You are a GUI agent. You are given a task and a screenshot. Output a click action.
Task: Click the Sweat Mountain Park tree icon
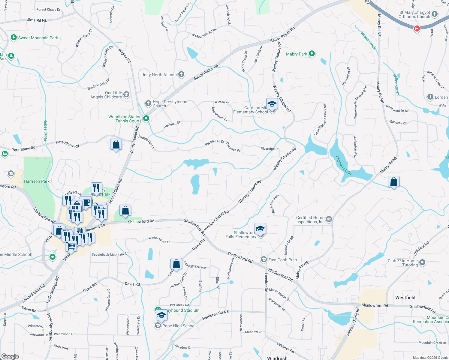pos(14,37)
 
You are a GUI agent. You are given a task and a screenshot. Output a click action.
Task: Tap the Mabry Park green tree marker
pos(312,54)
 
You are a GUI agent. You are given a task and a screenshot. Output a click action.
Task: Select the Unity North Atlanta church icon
pos(181,74)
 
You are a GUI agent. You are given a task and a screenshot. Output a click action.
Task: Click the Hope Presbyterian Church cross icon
pos(148,103)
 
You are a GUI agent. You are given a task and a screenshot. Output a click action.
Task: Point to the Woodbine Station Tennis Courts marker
pos(146,118)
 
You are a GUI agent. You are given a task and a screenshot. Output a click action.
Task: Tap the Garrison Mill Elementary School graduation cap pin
pos(272,104)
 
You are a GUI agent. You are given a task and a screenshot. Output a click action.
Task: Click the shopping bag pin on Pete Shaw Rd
pos(116,145)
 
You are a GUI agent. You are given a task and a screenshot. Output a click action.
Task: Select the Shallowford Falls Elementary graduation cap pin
pos(260,229)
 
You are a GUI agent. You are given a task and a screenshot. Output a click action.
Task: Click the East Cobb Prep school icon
pos(264,259)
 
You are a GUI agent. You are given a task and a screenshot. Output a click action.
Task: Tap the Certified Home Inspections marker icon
pos(329,219)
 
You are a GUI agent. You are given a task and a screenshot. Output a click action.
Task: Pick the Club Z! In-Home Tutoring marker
pos(422,262)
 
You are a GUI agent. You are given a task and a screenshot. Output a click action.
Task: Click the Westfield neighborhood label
pos(405,298)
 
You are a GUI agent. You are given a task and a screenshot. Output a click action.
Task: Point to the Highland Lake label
pos(344,165)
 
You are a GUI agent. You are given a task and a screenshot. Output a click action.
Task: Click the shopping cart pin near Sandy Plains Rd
pos(71,246)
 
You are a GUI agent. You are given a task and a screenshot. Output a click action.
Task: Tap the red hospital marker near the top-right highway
pos(417,28)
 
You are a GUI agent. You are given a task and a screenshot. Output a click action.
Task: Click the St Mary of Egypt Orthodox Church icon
pos(434,14)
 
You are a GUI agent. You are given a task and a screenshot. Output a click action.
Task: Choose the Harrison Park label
pos(37,181)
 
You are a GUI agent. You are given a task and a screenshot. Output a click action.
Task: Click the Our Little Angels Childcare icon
pos(126,94)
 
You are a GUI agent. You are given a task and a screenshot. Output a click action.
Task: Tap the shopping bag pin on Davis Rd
pos(176,264)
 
